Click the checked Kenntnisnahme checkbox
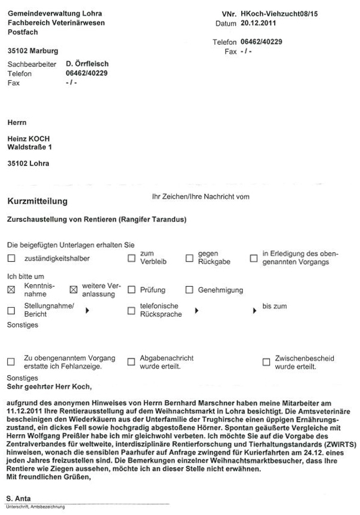tap(11, 290)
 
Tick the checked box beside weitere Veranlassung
tap(74, 290)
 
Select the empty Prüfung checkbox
tap(131, 290)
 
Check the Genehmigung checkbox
tap(189, 290)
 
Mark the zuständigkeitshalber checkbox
tap(11, 259)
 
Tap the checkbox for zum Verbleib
tap(131, 259)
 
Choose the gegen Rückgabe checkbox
tap(189, 259)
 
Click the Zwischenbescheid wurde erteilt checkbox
tap(266, 362)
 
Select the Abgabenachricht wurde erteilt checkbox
tap(131, 362)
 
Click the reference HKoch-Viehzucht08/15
tap(279, 13)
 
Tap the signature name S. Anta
tap(19, 498)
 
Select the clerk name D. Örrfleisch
tap(87, 63)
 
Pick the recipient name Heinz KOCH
tap(29, 139)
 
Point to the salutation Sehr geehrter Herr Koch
tap(45, 387)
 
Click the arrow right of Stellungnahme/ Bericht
tap(88, 311)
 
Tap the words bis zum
tap(275, 306)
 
